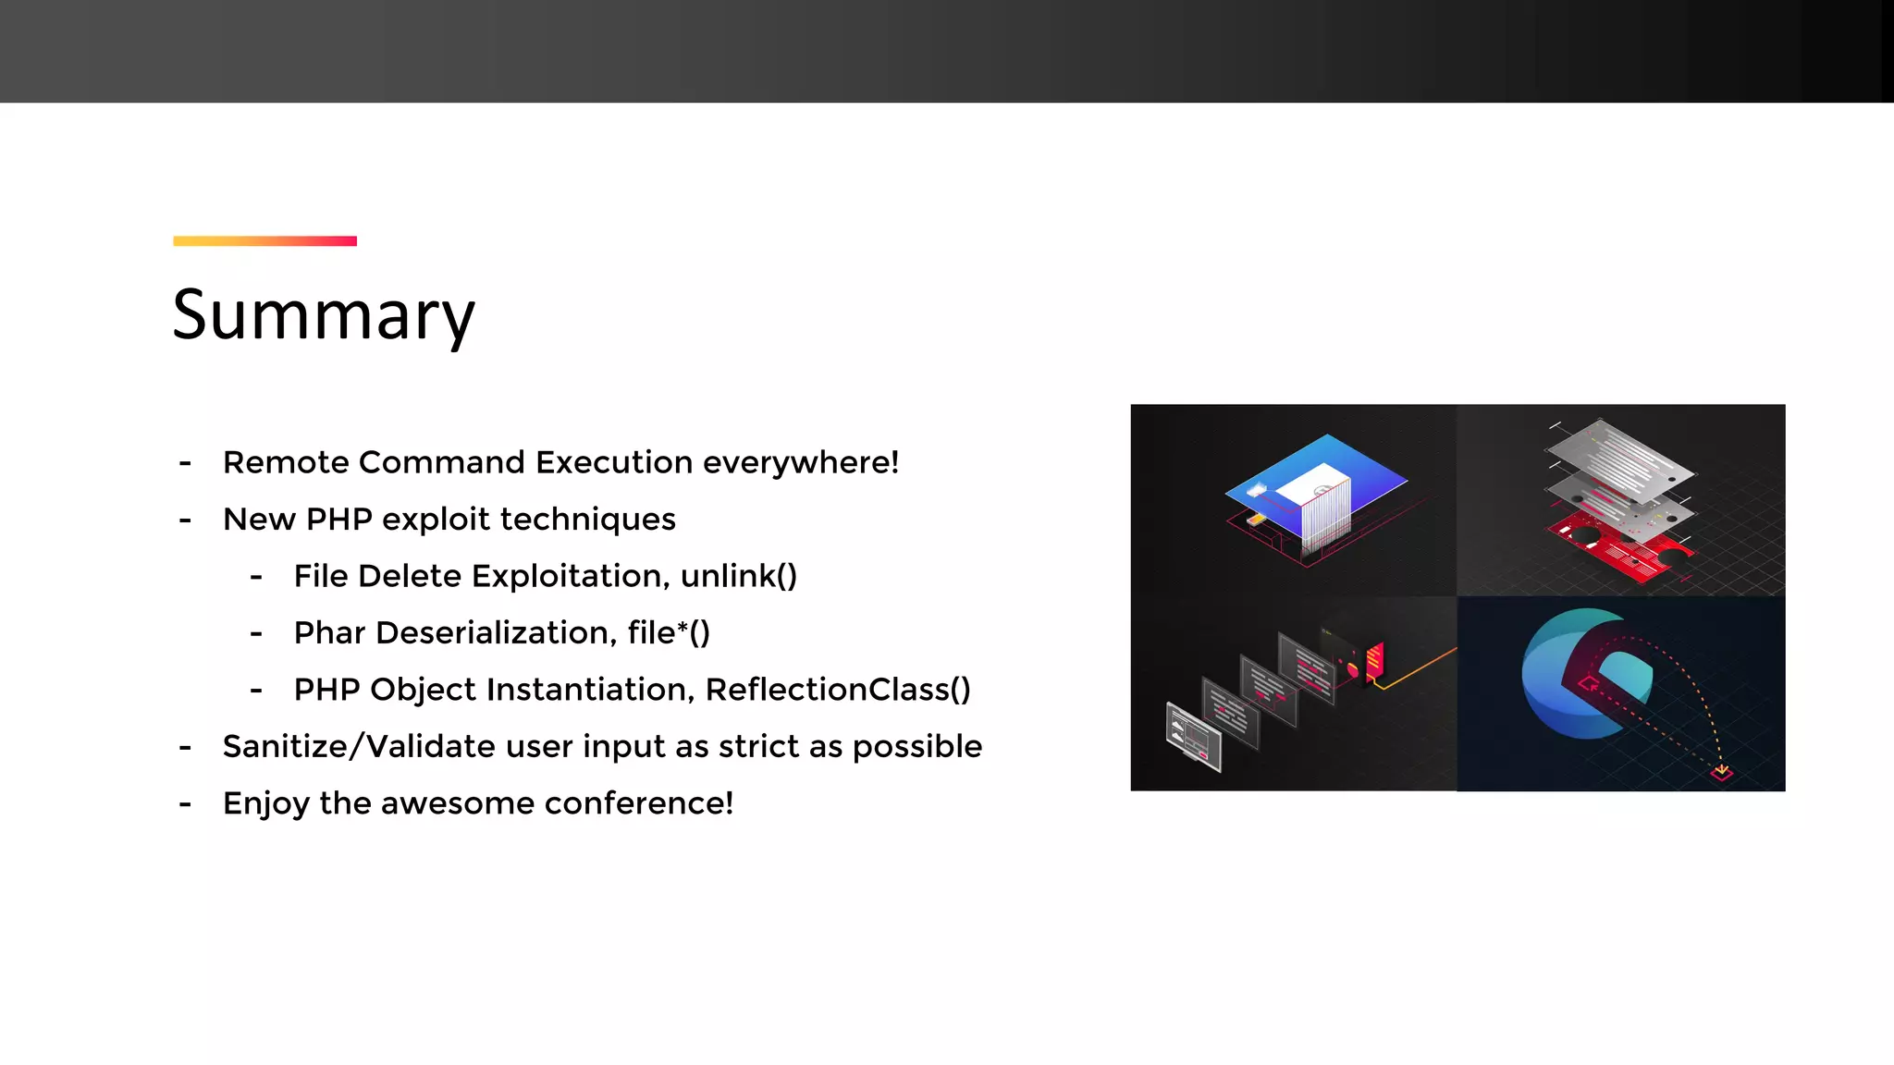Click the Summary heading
324,315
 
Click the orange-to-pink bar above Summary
264,241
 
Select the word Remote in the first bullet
285,462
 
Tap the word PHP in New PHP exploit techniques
338,520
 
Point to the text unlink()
738,576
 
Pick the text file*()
668,633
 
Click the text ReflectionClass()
837,690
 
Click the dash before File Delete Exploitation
256,577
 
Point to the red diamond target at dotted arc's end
1721,772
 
